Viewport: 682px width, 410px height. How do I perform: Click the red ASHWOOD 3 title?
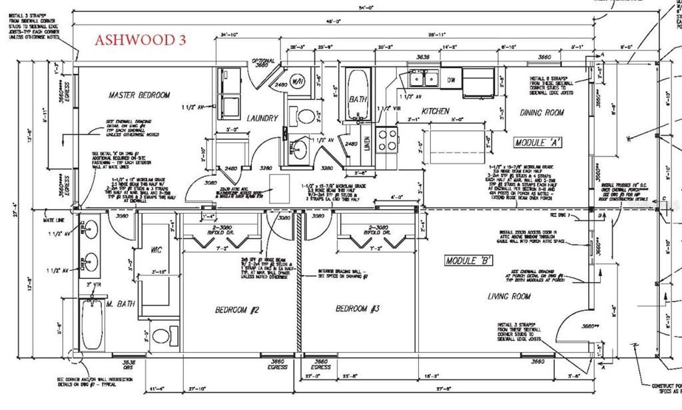tap(141, 39)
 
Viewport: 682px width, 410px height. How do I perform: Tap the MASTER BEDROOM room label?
tap(139, 95)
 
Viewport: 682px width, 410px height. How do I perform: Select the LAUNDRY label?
tap(262, 118)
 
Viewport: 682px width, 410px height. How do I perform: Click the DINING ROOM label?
tap(541, 113)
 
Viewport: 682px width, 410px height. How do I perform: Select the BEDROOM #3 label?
tap(356, 309)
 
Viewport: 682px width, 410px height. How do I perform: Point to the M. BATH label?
tap(121, 304)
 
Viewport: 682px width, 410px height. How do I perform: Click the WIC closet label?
tap(157, 250)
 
